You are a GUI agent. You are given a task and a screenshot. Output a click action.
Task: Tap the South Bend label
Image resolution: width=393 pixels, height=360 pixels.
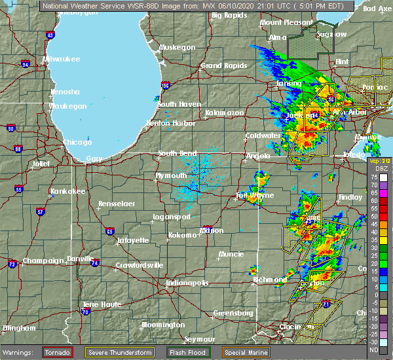(177, 153)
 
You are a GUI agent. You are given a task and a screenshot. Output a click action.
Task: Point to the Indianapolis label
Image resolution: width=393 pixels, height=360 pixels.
(187, 283)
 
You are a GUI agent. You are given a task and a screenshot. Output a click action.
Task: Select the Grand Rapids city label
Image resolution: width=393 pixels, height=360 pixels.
(219, 65)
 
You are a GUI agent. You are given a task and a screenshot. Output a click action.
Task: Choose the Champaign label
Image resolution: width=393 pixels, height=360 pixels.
(42, 261)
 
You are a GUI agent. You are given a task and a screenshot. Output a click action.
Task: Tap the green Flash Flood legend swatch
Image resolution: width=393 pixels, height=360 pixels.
(170, 352)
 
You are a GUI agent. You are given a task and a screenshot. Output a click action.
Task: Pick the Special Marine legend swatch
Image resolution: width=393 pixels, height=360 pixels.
(231, 352)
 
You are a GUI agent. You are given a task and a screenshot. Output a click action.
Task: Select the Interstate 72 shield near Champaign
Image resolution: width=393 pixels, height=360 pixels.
(13, 264)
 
